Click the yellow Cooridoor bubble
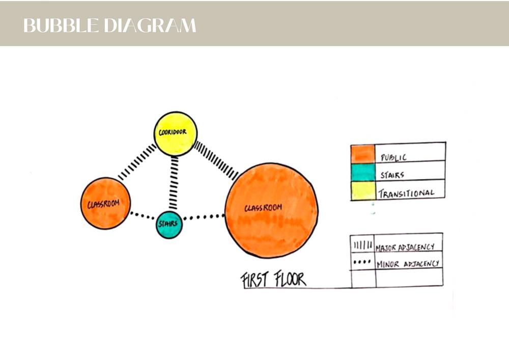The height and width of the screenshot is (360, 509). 176,133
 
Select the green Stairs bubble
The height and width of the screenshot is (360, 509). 169,225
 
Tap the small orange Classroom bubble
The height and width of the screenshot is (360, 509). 105,203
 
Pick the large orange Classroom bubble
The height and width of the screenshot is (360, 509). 271,210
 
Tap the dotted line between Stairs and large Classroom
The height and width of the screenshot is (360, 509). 204,217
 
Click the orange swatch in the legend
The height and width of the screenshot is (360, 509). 362,153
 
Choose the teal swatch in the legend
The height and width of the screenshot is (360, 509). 362,172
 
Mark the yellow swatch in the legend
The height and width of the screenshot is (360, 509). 362,191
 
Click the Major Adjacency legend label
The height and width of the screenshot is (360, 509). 405,247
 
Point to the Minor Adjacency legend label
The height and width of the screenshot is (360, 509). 407,264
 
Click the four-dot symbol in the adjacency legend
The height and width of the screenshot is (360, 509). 362,263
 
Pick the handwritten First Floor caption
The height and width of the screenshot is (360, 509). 273,280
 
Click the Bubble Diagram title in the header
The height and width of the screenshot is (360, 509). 109,25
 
